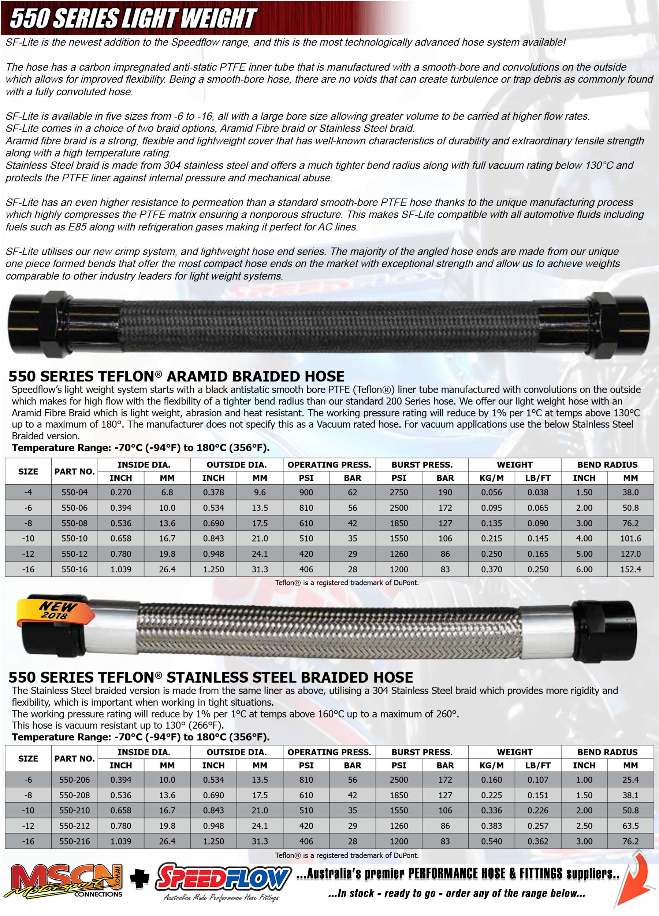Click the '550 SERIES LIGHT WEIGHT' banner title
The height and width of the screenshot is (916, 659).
[133, 18]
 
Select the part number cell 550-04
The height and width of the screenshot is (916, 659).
[74, 492]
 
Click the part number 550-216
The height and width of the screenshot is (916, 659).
[74, 841]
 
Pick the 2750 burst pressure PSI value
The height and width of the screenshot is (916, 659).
[399, 492]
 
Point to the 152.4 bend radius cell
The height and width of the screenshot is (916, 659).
[630, 569]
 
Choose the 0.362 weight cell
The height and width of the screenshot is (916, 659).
[537, 841]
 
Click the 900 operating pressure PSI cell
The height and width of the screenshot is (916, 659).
[306, 492]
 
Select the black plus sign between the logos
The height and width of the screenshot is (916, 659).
[139, 880]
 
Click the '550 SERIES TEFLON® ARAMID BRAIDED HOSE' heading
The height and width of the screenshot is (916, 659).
[176, 376]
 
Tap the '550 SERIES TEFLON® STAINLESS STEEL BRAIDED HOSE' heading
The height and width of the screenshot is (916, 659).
[211, 677]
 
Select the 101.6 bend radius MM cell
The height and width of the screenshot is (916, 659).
[630, 538]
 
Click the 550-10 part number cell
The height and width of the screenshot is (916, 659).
[74, 538]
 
